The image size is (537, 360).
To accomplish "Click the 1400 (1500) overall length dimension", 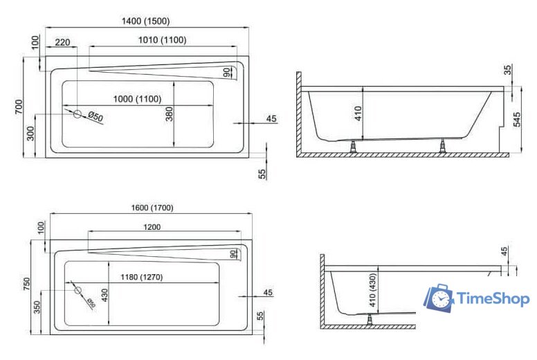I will [146, 21].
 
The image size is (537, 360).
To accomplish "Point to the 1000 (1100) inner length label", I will [139, 99].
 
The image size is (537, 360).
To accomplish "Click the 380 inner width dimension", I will [170, 114].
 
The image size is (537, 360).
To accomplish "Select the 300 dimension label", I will [30, 133].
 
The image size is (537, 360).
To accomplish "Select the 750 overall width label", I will [26, 285].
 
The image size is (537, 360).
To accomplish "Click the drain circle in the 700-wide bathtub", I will [80, 115].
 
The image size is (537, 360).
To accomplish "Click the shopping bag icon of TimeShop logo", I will [438, 298].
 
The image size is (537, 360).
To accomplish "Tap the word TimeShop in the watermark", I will [493, 298].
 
